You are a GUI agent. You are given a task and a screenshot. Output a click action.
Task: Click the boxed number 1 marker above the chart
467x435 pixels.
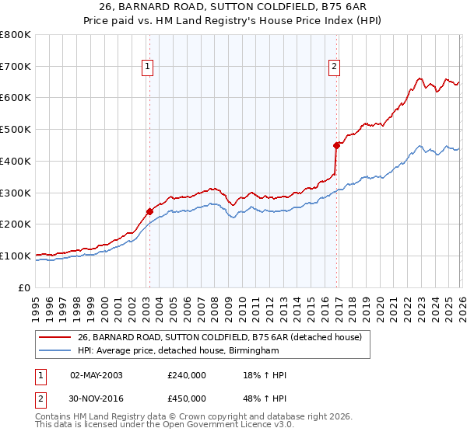point(148,68)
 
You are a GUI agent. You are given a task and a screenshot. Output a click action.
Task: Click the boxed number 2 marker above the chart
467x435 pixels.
point(334,68)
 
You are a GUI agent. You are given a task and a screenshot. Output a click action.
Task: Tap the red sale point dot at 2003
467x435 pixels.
point(149,211)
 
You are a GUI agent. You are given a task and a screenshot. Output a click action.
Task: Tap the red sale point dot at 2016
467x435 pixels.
point(337,144)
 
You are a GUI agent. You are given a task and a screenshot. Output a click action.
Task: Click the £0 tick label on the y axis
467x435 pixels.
point(23,287)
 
